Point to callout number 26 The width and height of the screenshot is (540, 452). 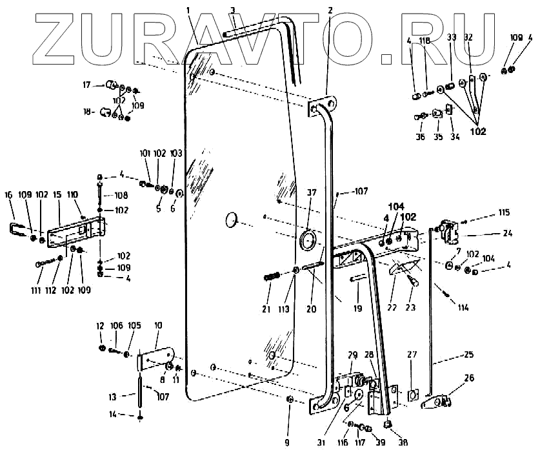[x=469, y=378]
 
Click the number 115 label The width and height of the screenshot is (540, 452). [x=503, y=213]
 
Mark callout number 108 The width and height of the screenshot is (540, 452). [x=121, y=194]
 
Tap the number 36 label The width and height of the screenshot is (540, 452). [x=420, y=136]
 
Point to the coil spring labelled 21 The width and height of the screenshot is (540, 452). [x=270, y=278]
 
